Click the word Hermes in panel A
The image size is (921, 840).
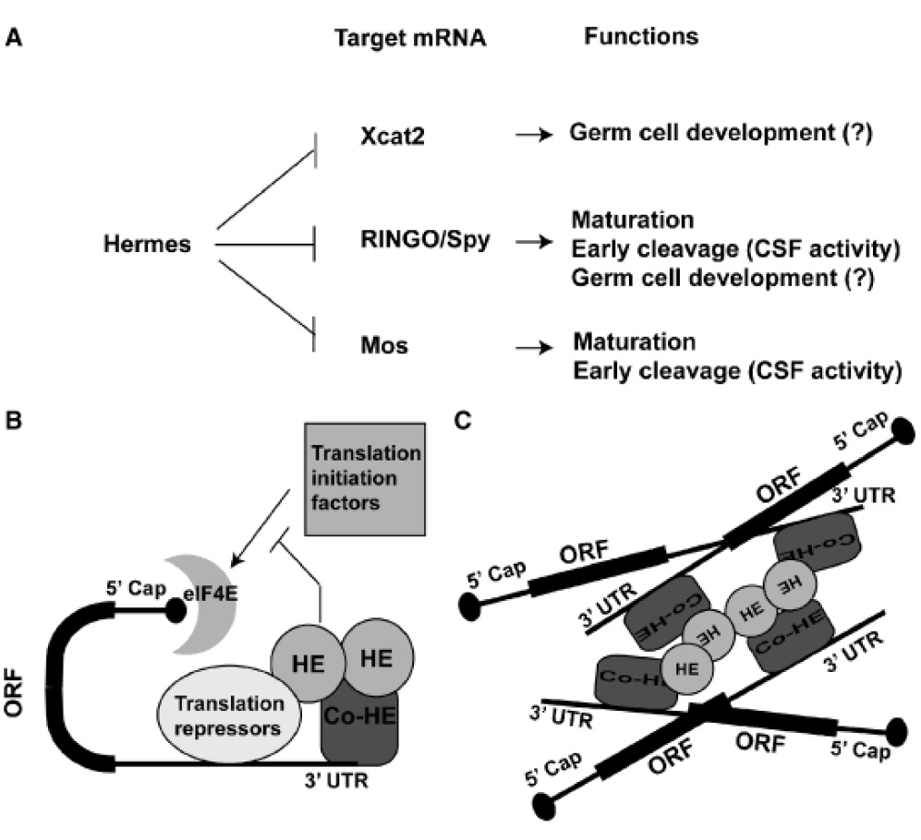(x=148, y=245)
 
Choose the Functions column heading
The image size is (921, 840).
(x=640, y=38)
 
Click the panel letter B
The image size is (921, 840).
(x=15, y=422)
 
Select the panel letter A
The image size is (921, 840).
(x=15, y=40)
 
